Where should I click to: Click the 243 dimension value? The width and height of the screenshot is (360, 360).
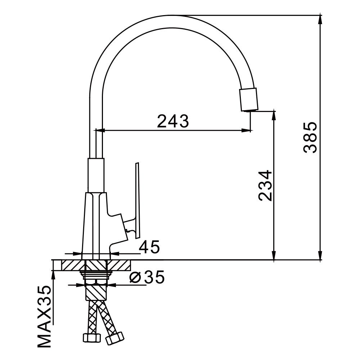coord(173,121)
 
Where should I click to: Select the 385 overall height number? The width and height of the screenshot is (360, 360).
coord(310,138)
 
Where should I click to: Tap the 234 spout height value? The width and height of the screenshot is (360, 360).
coord(265,185)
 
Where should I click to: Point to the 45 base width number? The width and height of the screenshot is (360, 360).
coord(149,247)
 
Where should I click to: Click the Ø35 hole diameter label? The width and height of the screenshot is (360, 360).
coord(147,278)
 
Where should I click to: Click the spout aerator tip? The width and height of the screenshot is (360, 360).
coord(249,99)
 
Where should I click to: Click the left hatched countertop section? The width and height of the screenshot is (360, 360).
coord(71,265)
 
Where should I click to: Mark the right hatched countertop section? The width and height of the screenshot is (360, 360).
coord(119,265)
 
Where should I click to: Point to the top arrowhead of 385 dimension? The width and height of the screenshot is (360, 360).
coord(320,19)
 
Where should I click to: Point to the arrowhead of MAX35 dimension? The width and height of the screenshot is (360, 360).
coord(54,274)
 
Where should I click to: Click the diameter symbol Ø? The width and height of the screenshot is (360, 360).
coord(135,278)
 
